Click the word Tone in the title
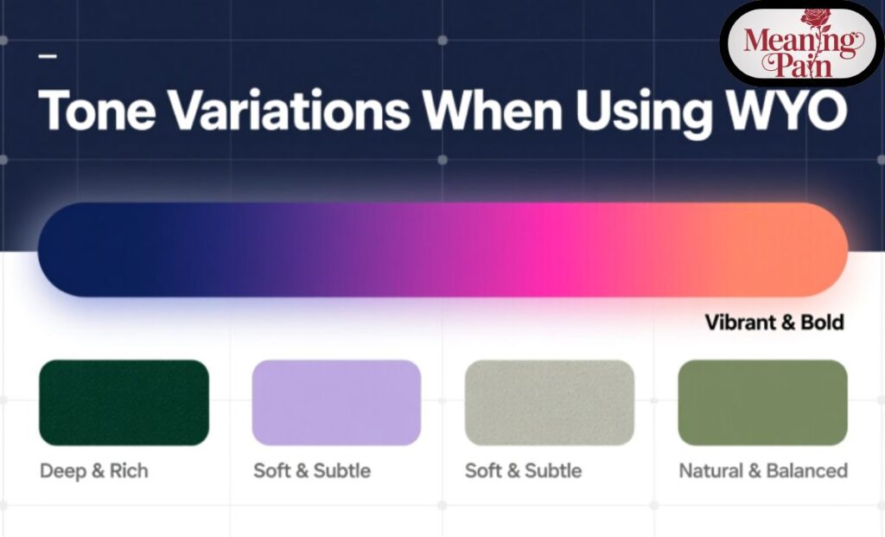[x=94, y=110]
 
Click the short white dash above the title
[x=48, y=57]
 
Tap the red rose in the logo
[x=815, y=18]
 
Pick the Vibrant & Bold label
[x=774, y=323]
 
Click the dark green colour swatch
[x=124, y=402]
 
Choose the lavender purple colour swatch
[x=336, y=402]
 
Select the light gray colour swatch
[x=549, y=402]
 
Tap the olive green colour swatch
[x=762, y=402]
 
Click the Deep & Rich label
[x=94, y=471]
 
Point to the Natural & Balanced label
[x=762, y=471]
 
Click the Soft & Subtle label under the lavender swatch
[x=312, y=471]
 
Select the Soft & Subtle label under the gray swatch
[x=523, y=471]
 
